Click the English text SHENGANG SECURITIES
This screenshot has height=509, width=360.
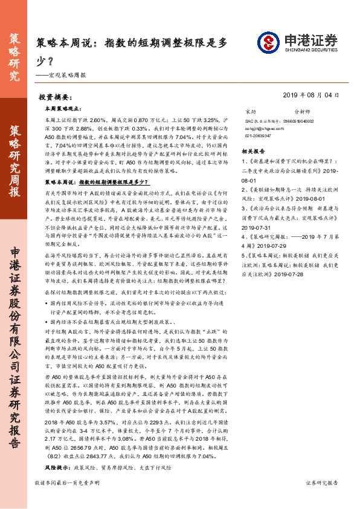point(306,51)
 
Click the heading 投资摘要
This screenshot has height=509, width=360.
point(55,97)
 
